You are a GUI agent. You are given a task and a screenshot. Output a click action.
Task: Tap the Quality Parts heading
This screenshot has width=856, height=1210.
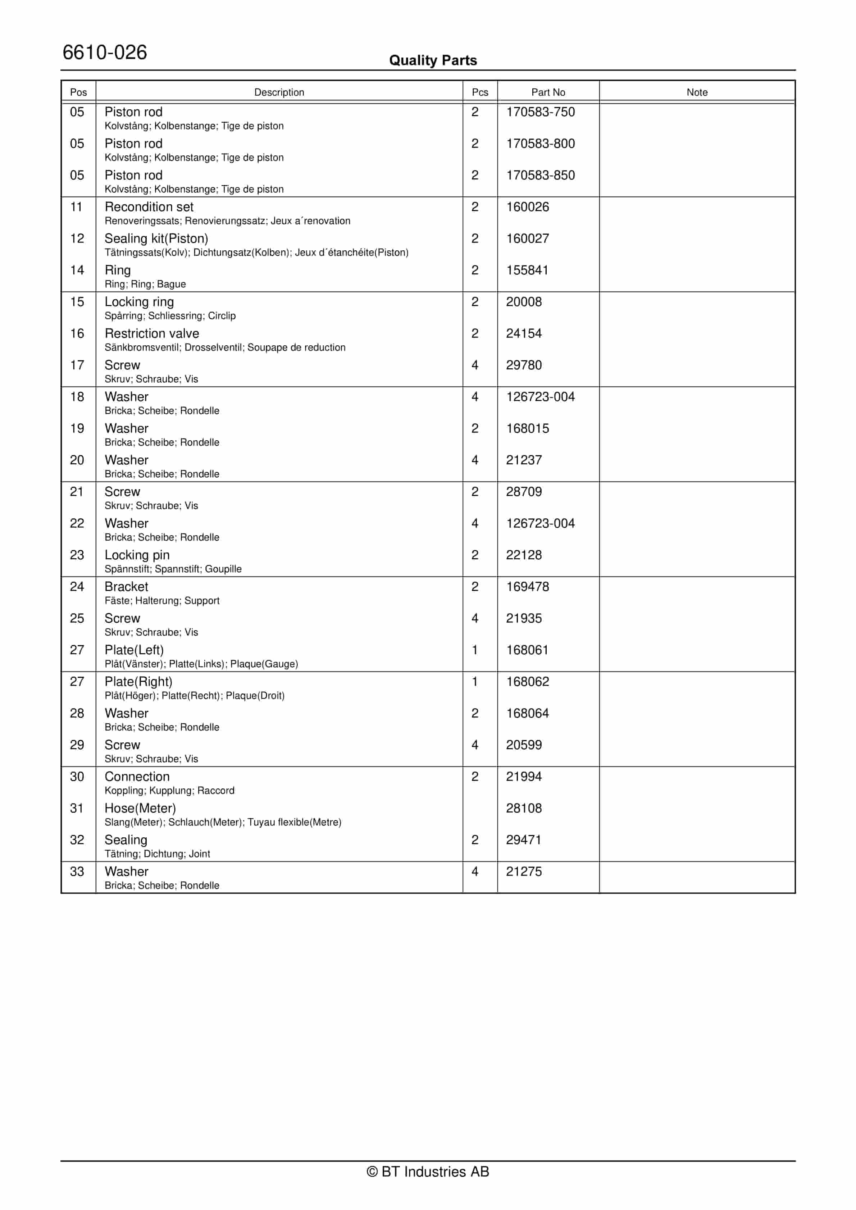point(433,60)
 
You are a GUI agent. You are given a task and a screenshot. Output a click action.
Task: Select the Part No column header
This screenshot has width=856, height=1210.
point(548,92)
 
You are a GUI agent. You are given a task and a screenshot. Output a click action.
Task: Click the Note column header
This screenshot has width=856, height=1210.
point(697,92)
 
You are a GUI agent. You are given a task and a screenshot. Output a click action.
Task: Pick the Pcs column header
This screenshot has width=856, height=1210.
point(480,92)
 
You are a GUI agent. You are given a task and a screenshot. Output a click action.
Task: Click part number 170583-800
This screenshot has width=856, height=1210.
point(540,144)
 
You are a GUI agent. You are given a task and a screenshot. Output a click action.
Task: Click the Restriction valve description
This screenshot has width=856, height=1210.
point(152,333)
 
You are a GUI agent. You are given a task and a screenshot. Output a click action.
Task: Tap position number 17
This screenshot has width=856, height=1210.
point(77,365)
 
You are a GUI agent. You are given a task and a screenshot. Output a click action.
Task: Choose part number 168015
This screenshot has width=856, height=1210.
point(527,428)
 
